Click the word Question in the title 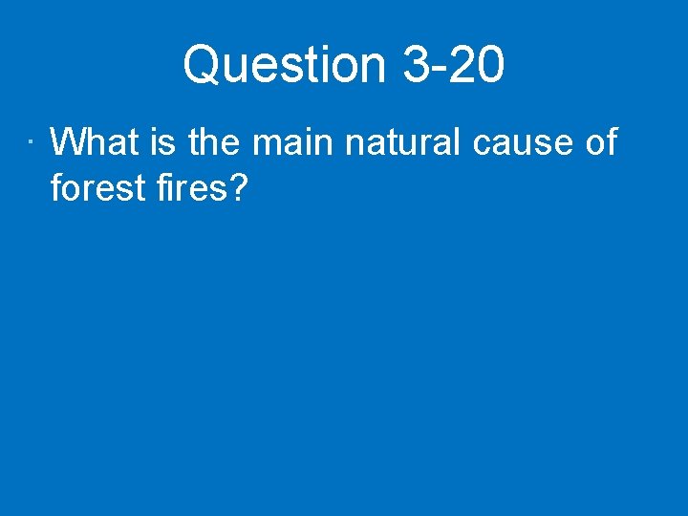click(x=285, y=66)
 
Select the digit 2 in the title click(x=463, y=66)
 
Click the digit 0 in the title click(x=489, y=66)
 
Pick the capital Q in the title click(x=202, y=66)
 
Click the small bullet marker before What click(x=32, y=145)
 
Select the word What click(x=95, y=143)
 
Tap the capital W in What click(x=69, y=143)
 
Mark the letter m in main click(x=268, y=146)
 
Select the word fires click(x=186, y=188)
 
